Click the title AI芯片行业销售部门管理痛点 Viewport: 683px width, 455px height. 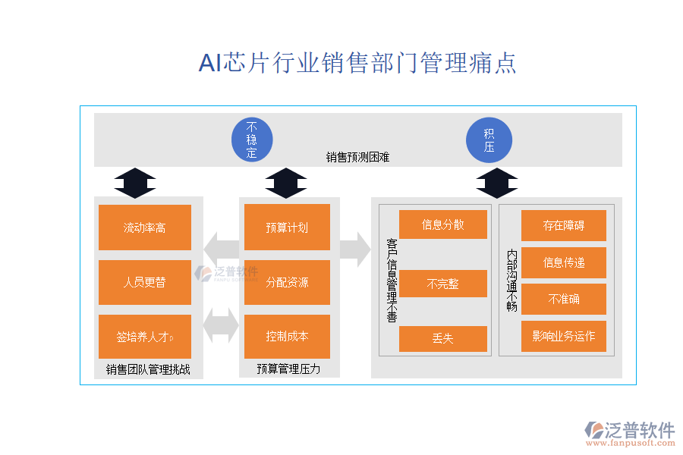pos(357,63)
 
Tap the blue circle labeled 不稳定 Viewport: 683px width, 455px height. pos(252,140)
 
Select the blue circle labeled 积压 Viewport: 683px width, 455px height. pos(489,140)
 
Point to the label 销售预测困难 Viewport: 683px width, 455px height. pos(357,158)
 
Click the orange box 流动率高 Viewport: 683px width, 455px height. pos(145,227)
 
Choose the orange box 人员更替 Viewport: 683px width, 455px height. pos(145,282)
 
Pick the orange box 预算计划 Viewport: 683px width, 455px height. pos(287,227)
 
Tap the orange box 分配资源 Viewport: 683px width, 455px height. pos(287,282)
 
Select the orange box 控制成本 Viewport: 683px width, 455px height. pos(287,337)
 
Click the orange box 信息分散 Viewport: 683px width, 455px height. pos(443,224)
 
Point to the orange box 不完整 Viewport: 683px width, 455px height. pos(443,284)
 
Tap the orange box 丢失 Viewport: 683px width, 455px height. pos(443,338)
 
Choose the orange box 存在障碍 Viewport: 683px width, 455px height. pos(563,225)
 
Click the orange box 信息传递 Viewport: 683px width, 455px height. pos(563,262)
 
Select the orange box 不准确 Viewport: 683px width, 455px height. pos(563,299)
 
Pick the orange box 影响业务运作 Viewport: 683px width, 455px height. pos(563,336)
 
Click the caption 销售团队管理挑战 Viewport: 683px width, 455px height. pos(148,370)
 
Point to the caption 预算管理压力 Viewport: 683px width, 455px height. pos(288,369)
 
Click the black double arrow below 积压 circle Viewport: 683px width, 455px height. pos(497,183)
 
